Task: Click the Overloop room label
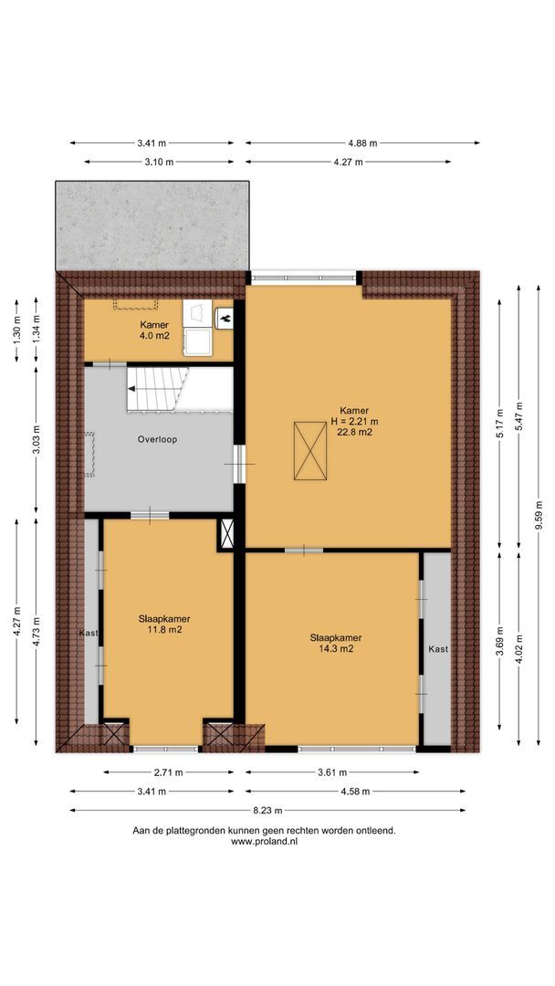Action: [159, 439]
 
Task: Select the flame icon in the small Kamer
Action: [225, 319]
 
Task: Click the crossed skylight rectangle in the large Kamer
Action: [309, 451]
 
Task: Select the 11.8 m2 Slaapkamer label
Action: [164, 629]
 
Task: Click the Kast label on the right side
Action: [437, 649]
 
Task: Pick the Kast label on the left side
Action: [89, 632]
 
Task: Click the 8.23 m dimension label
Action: [268, 810]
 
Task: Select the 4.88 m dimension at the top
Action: [362, 143]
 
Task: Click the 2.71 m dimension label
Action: [165, 772]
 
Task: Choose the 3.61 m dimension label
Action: [333, 772]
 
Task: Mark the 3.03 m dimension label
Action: [37, 439]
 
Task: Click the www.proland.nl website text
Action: [264, 842]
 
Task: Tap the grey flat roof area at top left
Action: [152, 224]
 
